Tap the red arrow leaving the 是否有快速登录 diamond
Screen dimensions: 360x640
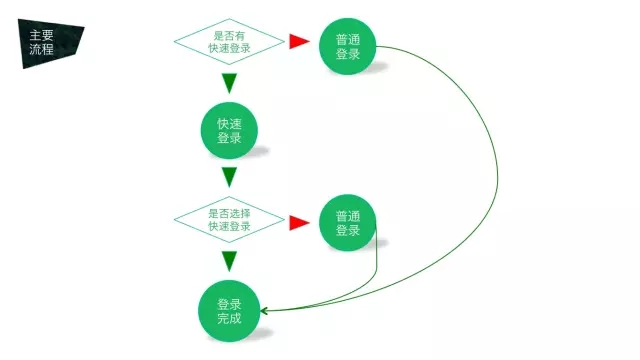tap(298, 41)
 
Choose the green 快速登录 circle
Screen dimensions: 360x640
tap(229, 131)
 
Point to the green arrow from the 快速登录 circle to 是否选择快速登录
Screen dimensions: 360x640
tap(229, 177)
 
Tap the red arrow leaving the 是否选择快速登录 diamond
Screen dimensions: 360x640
tap(298, 222)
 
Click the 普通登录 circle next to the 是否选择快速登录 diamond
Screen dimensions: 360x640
tap(347, 223)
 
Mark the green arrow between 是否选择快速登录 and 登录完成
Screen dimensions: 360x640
tap(229, 261)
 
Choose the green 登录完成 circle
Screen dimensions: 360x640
tap(229, 311)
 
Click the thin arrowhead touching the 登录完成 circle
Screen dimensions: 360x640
tap(266, 310)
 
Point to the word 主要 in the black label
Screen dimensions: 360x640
tap(41, 35)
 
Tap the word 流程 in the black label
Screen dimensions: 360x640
tap(41, 49)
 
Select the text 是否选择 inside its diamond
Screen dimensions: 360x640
tap(229, 214)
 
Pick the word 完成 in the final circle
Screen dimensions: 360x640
tap(229, 319)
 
